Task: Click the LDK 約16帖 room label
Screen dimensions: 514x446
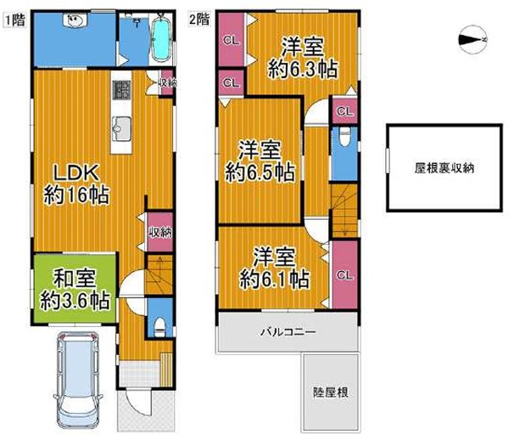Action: pyautogui.click(x=76, y=184)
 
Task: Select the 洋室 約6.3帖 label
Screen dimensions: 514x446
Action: pyautogui.click(x=303, y=58)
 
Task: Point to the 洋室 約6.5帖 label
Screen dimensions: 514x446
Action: pyautogui.click(x=260, y=161)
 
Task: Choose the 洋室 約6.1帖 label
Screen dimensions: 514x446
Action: pyautogui.click(x=274, y=268)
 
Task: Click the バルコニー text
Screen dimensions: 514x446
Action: pyautogui.click(x=288, y=332)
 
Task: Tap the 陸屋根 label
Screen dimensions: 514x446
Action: pyautogui.click(x=331, y=392)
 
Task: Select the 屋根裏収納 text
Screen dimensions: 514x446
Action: pyautogui.click(x=444, y=168)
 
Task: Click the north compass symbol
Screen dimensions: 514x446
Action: pyautogui.click(x=472, y=39)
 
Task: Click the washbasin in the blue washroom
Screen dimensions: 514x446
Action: pyautogui.click(x=75, y=20)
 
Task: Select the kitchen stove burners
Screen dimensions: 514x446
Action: pyautogui.click(x=121, y=90)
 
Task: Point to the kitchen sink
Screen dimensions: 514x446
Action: pyautogui.click(x=121, y=128)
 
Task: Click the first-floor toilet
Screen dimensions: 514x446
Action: pyautogui.click(x=159, y=327)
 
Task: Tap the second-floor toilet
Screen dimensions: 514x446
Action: pyautogui.click(x=345, y=136)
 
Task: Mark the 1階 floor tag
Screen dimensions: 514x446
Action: pyautogui.click(x=14, y=20)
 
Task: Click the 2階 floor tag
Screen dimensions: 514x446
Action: pyautogui.click(x=199, y=19)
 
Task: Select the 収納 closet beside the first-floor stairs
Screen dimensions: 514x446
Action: pyautogui.click(x=160, y=232)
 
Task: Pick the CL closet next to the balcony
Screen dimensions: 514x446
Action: pyautogui.click(x=345, y=274)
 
